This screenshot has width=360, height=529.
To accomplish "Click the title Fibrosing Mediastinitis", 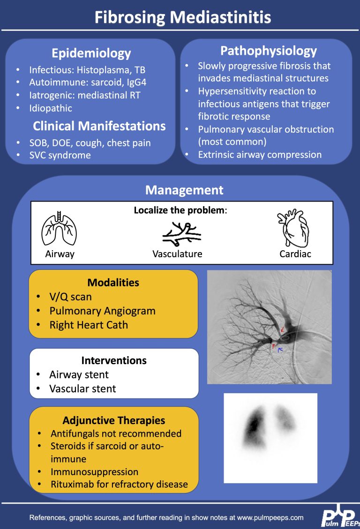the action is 182,17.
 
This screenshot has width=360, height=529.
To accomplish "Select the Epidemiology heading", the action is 91,53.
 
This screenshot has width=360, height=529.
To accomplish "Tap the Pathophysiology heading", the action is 269,51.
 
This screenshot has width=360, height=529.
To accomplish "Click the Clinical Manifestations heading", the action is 99,126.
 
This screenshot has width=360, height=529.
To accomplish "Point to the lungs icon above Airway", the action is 59,228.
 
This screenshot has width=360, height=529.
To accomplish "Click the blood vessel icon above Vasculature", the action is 181,234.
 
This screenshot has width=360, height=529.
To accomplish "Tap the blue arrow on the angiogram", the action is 280,350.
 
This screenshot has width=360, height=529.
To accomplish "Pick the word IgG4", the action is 136,82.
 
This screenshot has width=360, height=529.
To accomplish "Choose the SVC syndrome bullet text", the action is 60,155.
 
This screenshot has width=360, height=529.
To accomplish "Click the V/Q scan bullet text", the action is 70,297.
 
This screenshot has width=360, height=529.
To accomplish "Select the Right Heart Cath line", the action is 89,325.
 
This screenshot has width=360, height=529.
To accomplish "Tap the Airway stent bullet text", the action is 79,374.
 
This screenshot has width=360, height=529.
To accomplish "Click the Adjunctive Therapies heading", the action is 114,420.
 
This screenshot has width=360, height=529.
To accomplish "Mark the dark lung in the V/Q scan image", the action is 254,426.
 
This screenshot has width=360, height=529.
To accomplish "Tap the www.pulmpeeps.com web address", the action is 270,518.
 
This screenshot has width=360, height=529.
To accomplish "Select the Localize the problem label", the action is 180,210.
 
